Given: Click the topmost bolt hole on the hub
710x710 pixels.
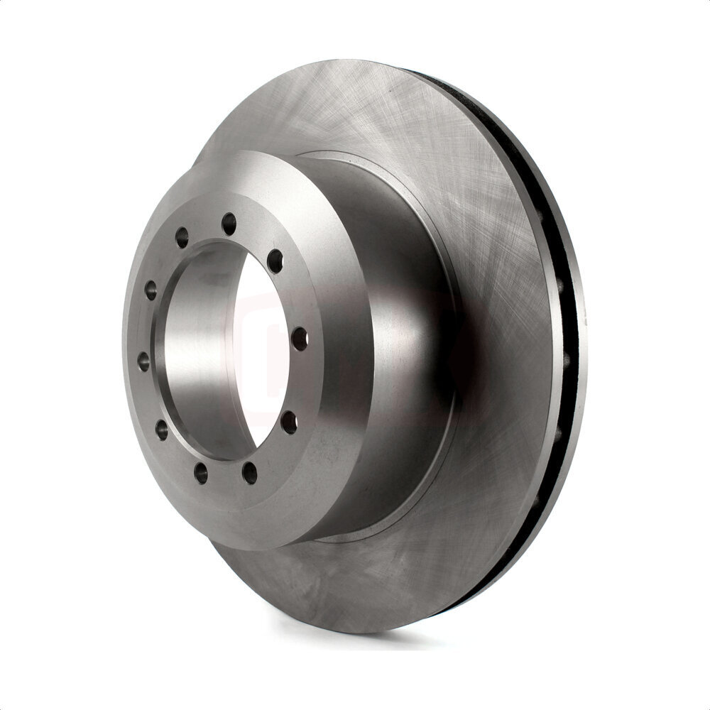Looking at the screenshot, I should (x=229, y=224).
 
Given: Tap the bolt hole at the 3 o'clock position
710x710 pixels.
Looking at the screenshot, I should (x=299, y=339).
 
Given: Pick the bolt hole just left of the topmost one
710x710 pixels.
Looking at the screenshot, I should (x=182, y=237).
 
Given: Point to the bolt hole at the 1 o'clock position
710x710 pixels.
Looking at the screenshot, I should (x=275, y=261).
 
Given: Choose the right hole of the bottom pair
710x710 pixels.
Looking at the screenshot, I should (x=249, y=471).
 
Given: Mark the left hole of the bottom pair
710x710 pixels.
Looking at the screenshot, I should (x=202, y=473).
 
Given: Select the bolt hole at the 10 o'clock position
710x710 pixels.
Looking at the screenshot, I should (x=151, y=290).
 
